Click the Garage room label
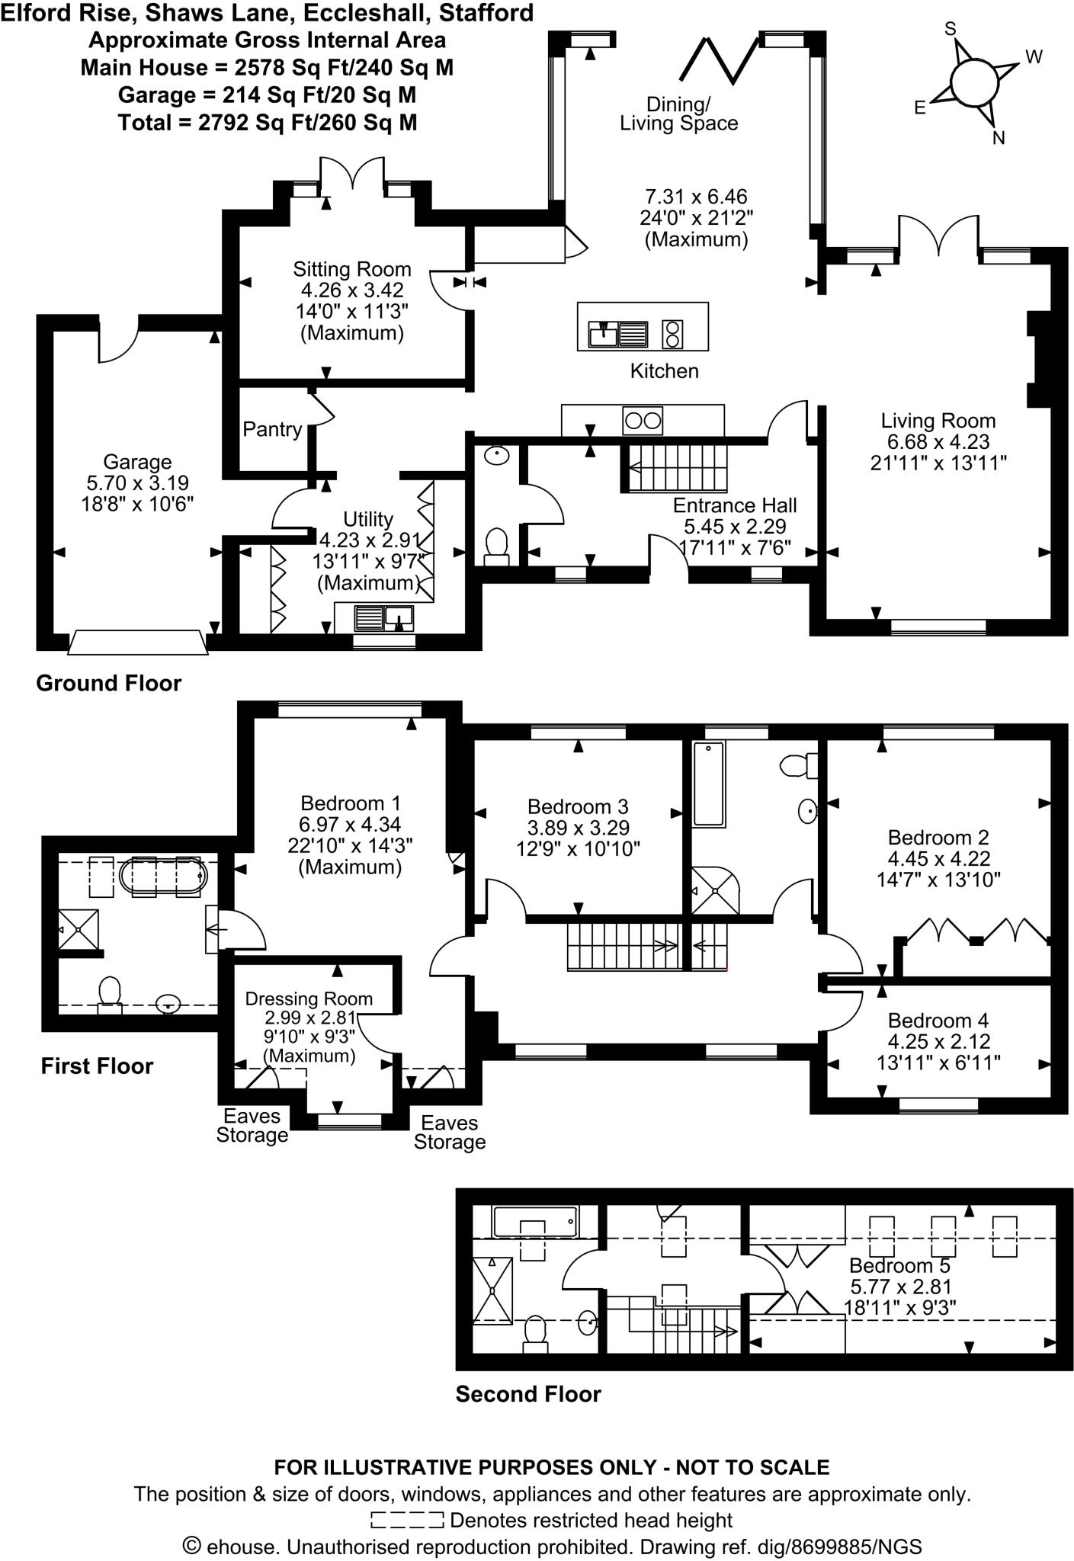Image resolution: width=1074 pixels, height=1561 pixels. tap(137, 462)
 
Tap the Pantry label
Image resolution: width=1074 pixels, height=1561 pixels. tap(272, 430)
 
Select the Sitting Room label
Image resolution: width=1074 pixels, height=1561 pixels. tap(352, 269)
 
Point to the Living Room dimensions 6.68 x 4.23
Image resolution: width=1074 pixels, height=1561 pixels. tap(938, 441)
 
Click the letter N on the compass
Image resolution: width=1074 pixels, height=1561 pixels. tap(999, 138)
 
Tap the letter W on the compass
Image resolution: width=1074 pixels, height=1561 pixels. tap(1034, 57)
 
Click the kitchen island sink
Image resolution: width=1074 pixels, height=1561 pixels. tap(617, 334)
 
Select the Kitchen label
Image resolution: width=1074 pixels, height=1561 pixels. tap(664, 371)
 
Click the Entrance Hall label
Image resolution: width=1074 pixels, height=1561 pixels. tap(735, 505)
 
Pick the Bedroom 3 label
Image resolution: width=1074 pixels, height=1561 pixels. tap(578, 806)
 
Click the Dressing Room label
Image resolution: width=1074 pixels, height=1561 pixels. tap(309, 998)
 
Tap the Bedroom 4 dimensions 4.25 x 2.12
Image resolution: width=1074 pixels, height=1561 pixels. tap(938, 1041)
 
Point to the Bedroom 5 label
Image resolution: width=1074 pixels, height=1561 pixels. tap(899, 1266)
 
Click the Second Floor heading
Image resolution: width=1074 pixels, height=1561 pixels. tap(528, 1394)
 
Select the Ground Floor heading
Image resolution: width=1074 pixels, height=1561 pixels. tap(109, 683)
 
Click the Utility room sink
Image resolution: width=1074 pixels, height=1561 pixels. tap(385, 617)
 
